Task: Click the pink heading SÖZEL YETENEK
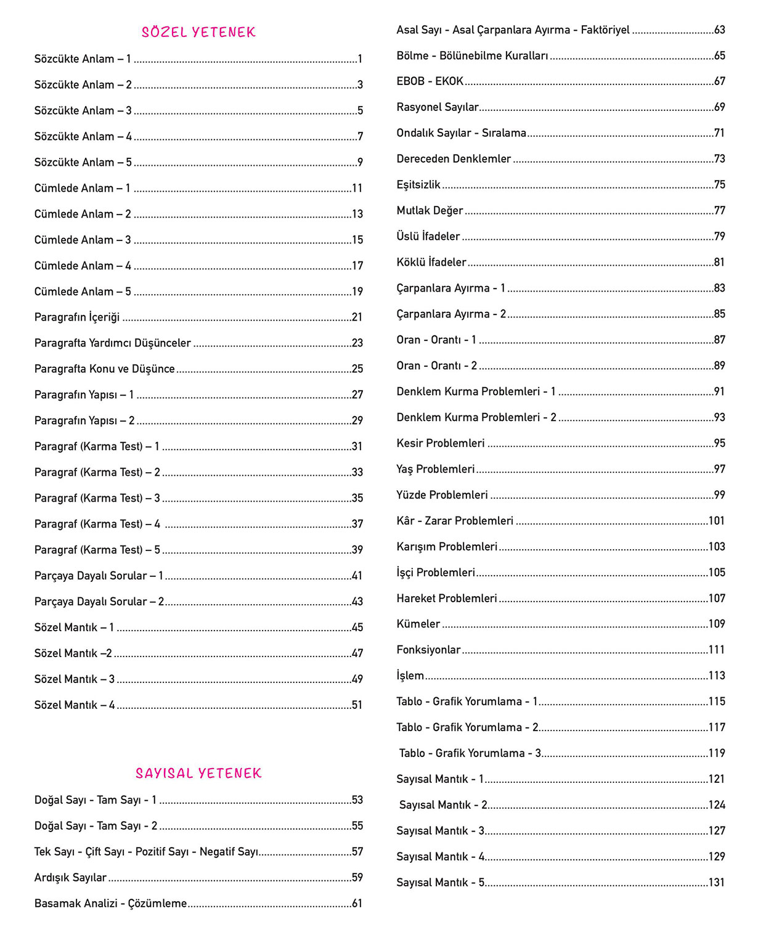pos(198,32)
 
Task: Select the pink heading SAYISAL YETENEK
pos(198,773)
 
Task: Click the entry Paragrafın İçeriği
pos(77,317)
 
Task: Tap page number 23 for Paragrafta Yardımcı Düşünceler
pos(357,343)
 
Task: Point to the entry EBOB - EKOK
pos(430,81)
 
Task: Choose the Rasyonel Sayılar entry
pos(438,107)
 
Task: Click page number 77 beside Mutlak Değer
pos(719,211)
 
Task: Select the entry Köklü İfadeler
pos(431,263)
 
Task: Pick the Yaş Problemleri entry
pos(436,469)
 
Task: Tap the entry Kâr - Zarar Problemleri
pos(455,521)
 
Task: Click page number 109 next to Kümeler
pos(717,624)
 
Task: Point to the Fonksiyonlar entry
pos(428,650)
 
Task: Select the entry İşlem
pos(410,676)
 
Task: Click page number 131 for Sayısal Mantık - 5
pos(717,883)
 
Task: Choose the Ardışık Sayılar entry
pos(70,878)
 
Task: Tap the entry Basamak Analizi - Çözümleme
pos(110,904)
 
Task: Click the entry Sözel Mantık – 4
pos(75,705)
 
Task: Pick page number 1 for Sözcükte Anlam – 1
pos(360,59)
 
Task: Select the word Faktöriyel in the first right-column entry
pos(605,30)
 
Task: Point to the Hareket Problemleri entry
pos(447,599)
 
